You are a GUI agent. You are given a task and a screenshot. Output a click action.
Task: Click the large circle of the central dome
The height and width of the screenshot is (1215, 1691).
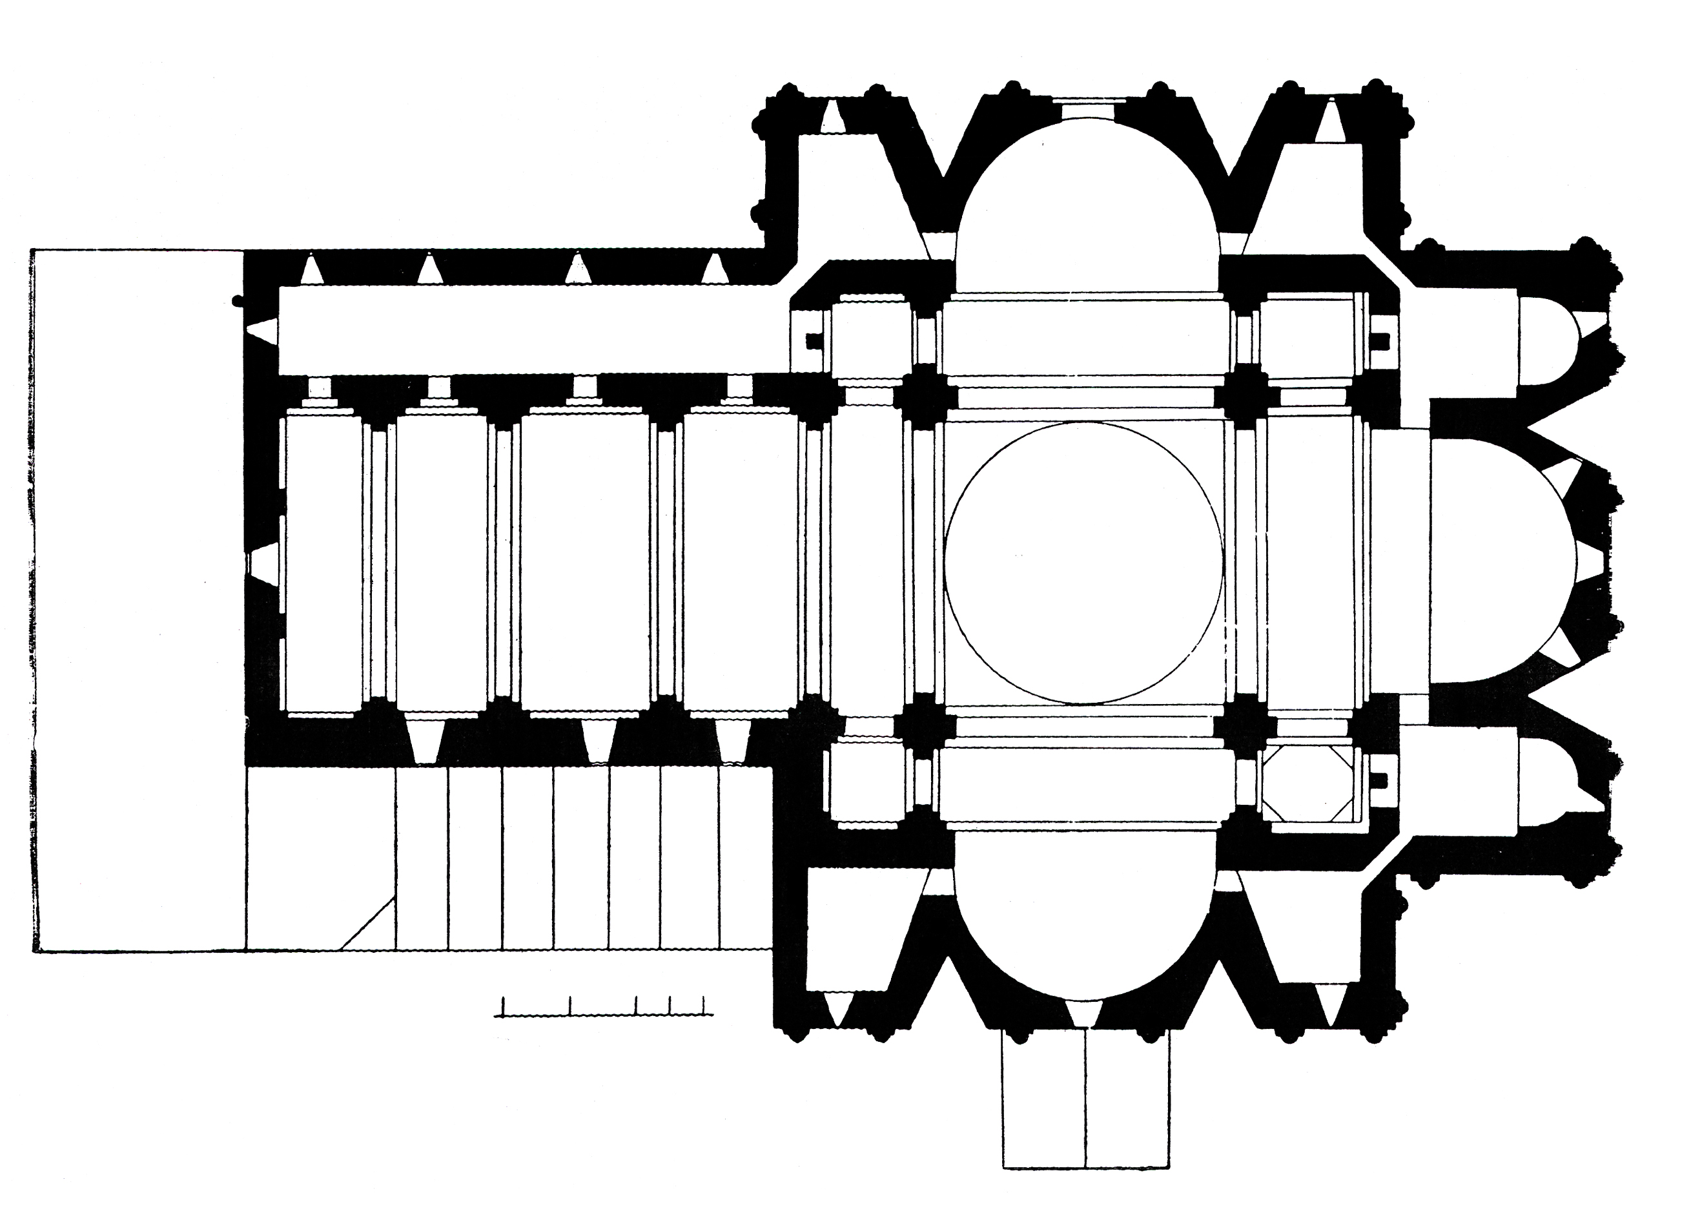[x=1083, y=563]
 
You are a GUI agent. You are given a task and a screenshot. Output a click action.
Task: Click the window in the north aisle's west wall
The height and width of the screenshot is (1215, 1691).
[x=261, y=331]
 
